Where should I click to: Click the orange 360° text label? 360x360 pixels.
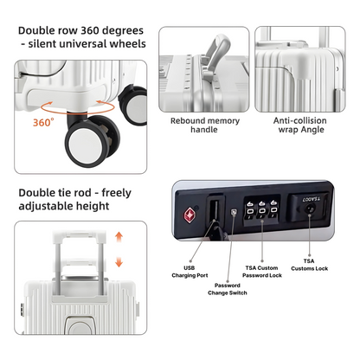[43, 123]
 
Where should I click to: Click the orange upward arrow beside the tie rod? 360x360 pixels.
[119, 238]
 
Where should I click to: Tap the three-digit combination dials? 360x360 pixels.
[261, 214]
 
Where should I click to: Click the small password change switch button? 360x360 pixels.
[234, 210]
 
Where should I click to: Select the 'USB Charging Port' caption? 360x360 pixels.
[190, 273]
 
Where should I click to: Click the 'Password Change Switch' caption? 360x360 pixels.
[226, 289]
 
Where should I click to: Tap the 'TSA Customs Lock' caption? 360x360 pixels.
[309, 265]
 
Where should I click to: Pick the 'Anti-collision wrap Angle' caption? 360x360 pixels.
[299, 128]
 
